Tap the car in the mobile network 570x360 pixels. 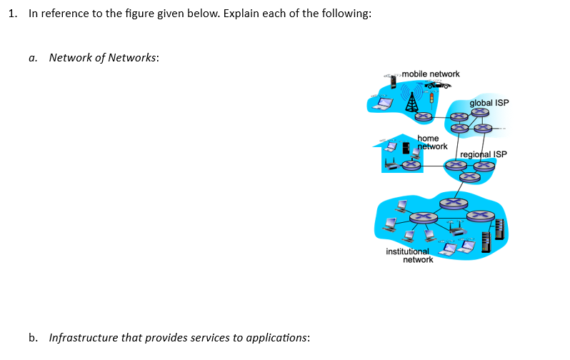pyautogui.click(x=439, y=84)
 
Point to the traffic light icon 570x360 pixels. pyautogui.click(x=431, y=96)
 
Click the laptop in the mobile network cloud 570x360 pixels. pyautogui.click(x=384, y=104)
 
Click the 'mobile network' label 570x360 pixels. pyautogui.click(x=431, y=74)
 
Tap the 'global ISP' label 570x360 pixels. pyautogui.click(x=489, y=103)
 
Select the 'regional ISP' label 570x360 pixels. pyautogui.click(x=484, y=154)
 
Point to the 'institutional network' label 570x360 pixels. pyautogui.click(x=409, y=255)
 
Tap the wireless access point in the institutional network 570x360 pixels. pyautogui.click(x=457, y=230)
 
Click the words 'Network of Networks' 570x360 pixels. pyautogui.click(x=103, y=57)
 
